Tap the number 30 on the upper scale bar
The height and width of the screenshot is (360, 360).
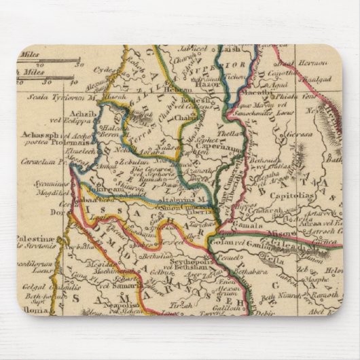pos(78,65)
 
